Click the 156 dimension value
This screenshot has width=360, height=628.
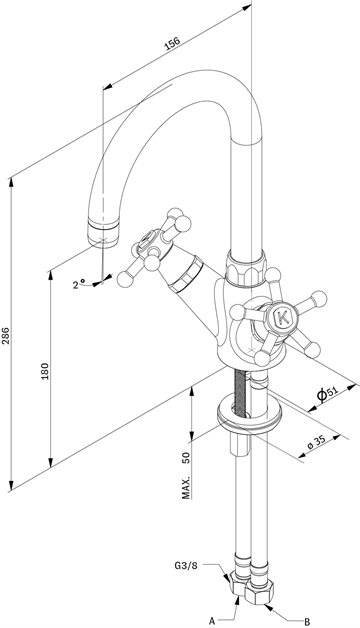pos(173,43)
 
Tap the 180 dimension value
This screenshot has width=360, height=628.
pos(45,371)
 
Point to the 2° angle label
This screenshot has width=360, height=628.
pos(78,284)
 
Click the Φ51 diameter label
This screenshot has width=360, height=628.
pos(328,394)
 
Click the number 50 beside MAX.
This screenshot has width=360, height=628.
pos(186,457)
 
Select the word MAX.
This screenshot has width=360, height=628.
pos(186,488)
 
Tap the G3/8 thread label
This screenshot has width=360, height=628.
pos(186,566)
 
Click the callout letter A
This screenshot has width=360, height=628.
pos(212,621)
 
